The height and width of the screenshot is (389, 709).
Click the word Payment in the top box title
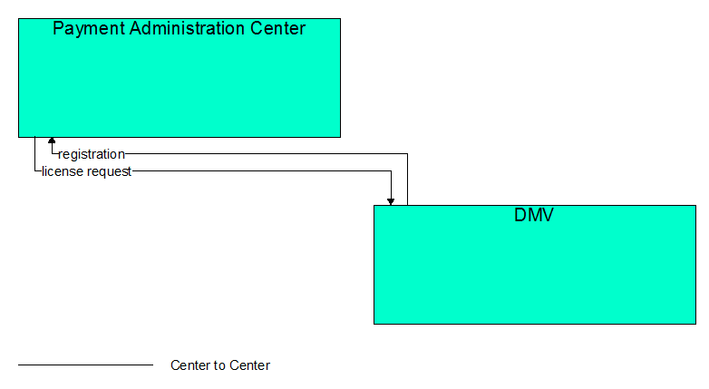click(89, 29)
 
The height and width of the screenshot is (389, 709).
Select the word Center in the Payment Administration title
click(277, 28)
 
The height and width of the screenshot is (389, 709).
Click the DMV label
click(534, 215)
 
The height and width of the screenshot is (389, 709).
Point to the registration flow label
click(92, 154)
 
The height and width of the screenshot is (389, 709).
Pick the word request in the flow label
click(109, 172)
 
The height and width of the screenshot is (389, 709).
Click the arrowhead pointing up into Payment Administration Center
click(52, 141)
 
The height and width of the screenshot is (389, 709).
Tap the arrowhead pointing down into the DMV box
click(391, 201)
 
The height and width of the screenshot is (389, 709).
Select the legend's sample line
click(85, 365)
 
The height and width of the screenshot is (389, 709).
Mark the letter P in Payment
click(58, 28)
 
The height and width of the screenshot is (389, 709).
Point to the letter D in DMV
click(520, 215)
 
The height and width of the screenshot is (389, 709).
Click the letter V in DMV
click(548, 215)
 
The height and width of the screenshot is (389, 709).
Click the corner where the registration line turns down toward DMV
click(407, 154)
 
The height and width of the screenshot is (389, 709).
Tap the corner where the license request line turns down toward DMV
click(391, 171)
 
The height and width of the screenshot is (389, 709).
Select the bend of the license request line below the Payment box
click(34, 171)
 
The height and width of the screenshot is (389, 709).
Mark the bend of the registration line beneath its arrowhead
click(52, 154)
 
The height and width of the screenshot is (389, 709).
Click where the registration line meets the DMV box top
click(407, 205)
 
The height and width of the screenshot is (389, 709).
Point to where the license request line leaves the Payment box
click(34, 137)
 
